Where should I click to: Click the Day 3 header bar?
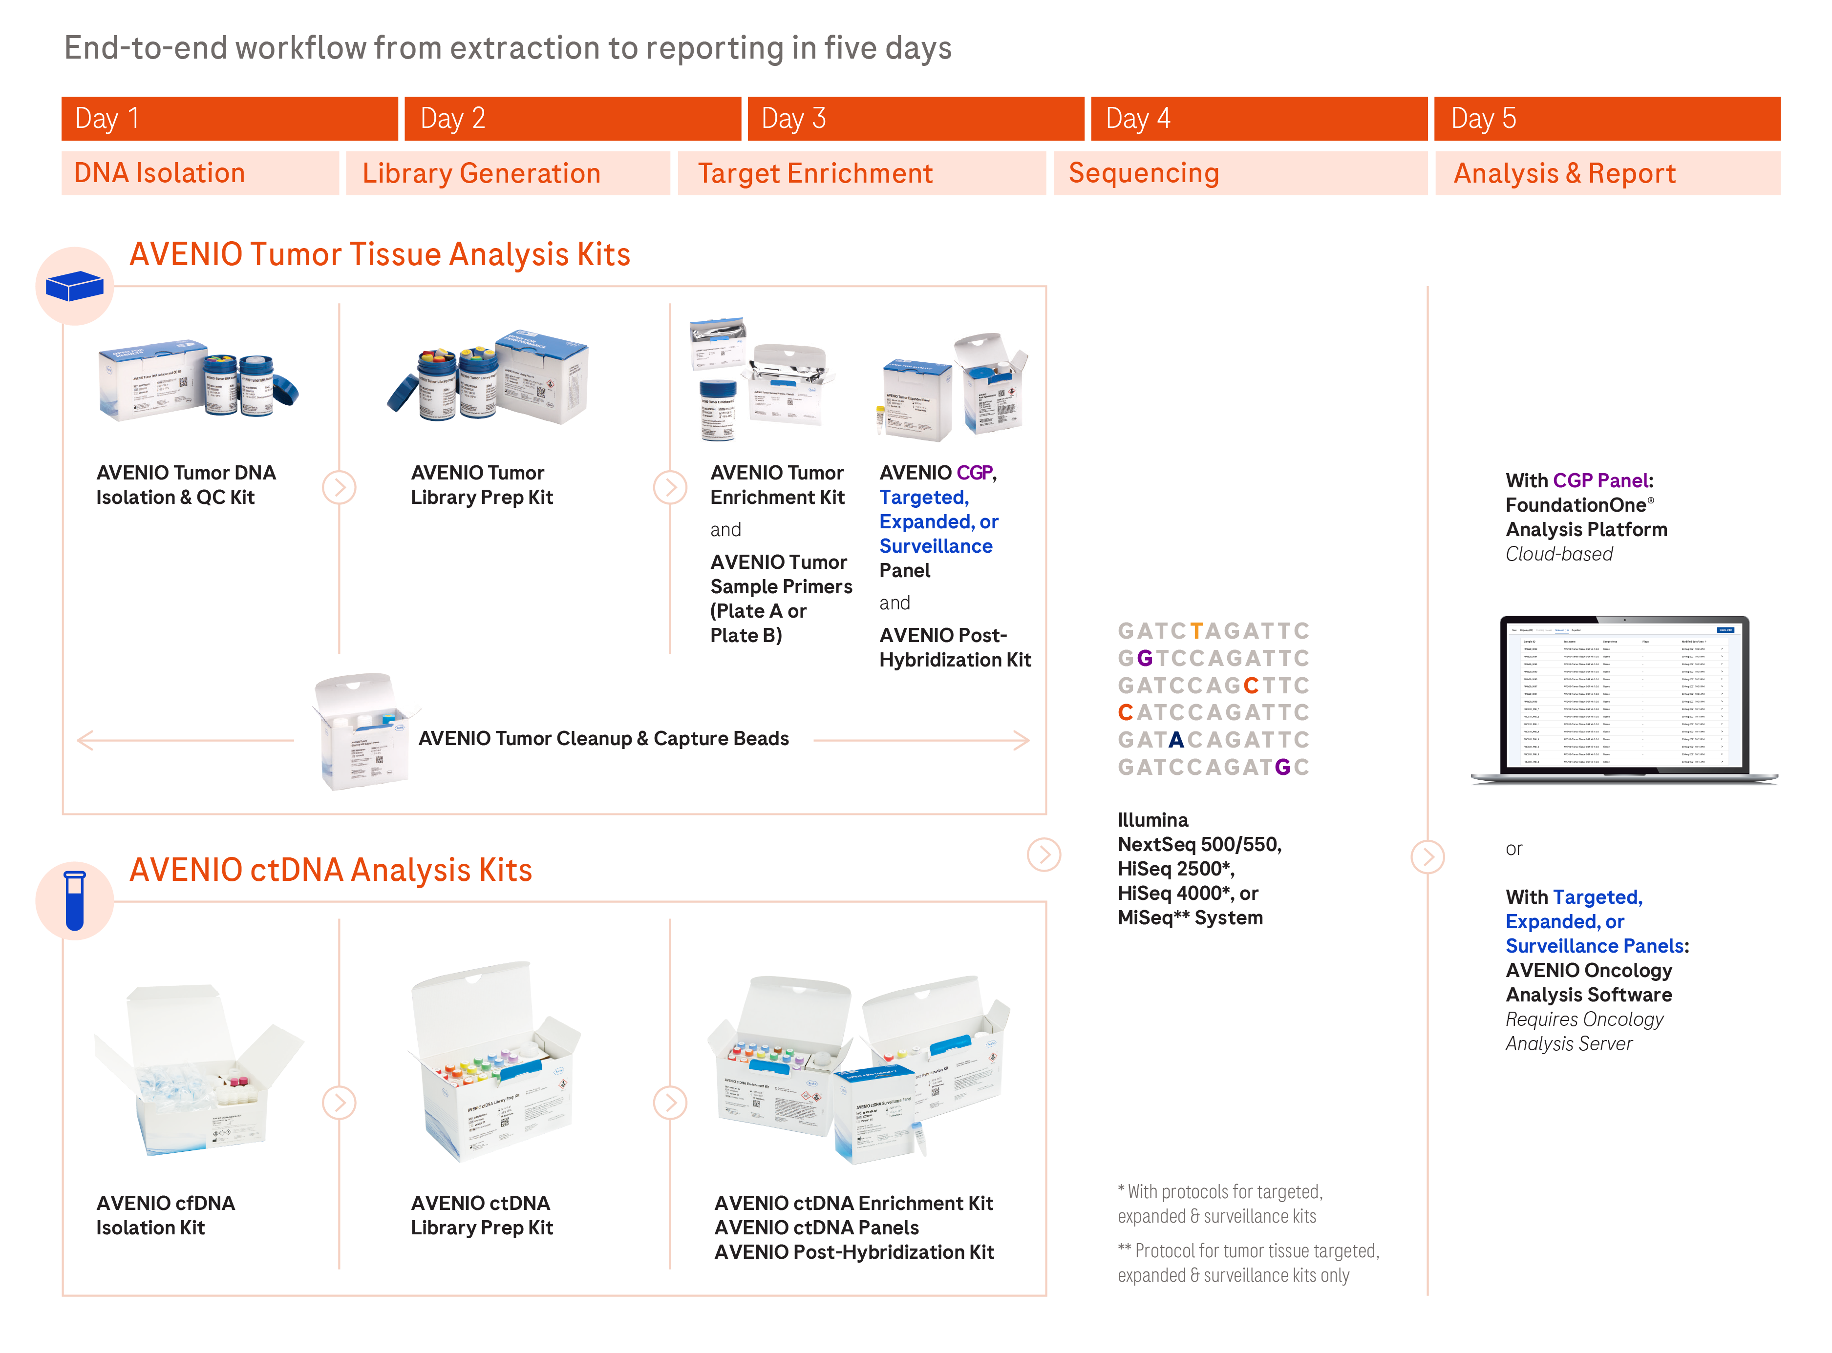click(x=915, y=119)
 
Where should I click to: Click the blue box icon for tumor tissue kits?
click(x=75, y=286)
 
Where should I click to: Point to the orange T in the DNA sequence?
click(x=1196, y=631)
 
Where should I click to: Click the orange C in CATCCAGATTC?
click(x=1126, y=712)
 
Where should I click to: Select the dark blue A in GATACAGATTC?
click(x=1176, y=740)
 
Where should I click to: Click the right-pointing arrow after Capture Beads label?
click(x=1020, y=740)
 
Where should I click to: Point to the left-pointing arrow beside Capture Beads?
click(x=85, y=740)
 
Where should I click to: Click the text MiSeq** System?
click(x=1190, y=917)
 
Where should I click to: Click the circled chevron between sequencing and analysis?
click(x=1427, y=857)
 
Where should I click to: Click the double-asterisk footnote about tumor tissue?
click(x=1248, y=1263)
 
